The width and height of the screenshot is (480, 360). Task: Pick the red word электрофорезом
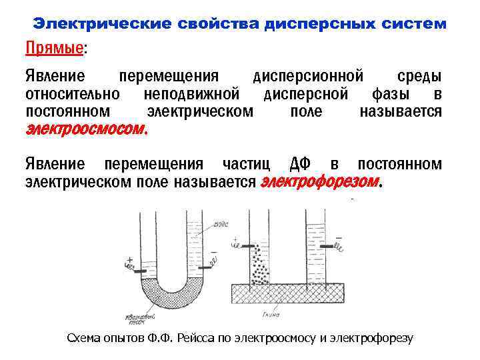coord(320,181)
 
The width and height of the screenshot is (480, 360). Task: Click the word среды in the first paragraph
coord(419,75)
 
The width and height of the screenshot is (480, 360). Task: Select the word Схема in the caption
coord(85,338)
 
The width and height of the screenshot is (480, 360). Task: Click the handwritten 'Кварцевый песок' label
coord(139,319)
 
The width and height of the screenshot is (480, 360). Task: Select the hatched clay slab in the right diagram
coord(287,292)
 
